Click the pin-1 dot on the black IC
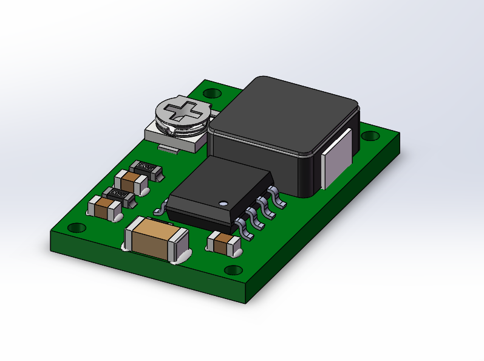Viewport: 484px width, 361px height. tap(223, 203)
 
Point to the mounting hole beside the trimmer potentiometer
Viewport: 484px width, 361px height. tap(211, 94)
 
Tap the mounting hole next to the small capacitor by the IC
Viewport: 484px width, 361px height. tap(233, 270)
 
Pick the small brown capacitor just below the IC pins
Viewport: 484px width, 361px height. tap(223, 244)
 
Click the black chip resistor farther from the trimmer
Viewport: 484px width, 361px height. tap(118, 194)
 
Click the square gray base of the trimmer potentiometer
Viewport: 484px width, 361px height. tap(176, 139)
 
